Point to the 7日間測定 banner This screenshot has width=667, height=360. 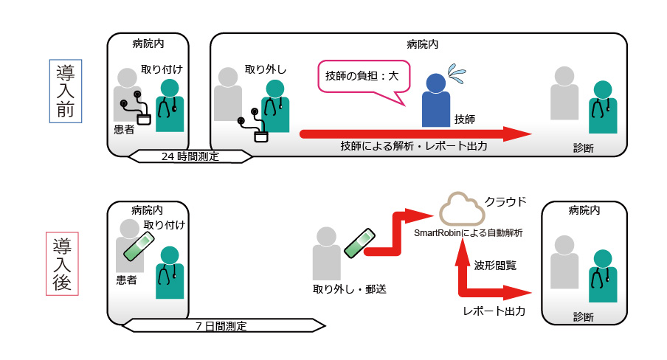click(222, 325)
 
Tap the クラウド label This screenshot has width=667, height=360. click(505, 201)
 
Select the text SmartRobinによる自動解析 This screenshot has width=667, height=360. click(469, 232)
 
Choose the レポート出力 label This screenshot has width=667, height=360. click(494, 311)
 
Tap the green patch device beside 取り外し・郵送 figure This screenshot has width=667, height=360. click(357, 243)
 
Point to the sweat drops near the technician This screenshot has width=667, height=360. click(457, 73)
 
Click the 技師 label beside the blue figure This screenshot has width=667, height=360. click(465, 119)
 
